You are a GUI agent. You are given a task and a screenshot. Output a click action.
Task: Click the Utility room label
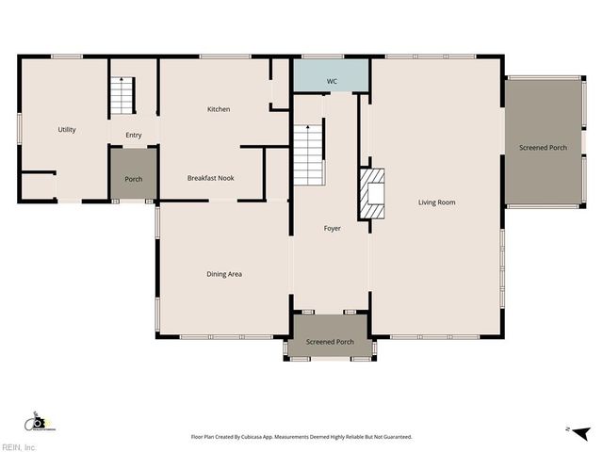67,130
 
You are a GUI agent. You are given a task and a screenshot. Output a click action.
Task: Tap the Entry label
134,136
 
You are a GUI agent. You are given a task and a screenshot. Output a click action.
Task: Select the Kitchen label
219,109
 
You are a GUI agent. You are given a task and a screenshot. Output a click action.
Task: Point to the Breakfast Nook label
210,178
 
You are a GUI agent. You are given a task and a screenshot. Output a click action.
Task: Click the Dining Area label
224,274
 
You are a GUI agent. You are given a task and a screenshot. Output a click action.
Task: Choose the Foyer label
332,229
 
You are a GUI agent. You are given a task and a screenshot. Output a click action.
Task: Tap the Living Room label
437,202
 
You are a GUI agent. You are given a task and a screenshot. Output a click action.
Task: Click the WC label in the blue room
332,82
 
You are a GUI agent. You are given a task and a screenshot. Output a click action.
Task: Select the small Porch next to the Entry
134,179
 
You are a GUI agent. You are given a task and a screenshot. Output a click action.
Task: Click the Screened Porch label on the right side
544,148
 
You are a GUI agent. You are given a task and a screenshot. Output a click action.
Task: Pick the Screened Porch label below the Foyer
330,342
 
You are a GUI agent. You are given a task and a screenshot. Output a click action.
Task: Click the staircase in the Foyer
308,154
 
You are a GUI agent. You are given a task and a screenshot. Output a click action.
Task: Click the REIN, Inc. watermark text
19,446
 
